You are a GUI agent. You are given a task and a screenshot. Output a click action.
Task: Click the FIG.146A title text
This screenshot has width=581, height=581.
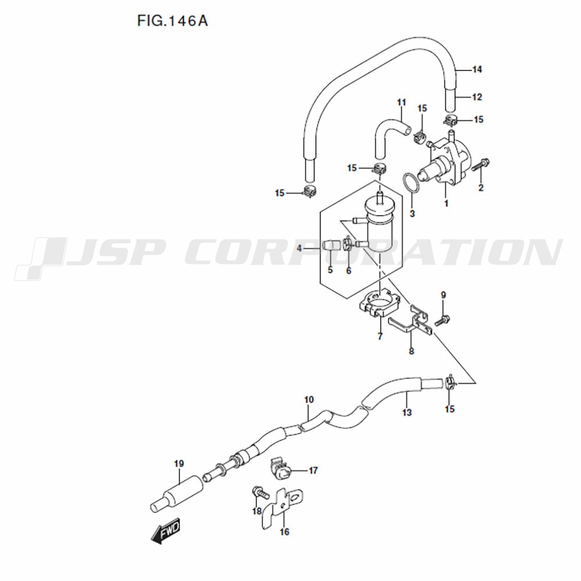[173, 21]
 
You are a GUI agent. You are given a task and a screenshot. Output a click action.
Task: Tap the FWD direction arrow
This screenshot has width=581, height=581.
[166, 530]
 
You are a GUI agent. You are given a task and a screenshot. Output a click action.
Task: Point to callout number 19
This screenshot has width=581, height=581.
[179, 464]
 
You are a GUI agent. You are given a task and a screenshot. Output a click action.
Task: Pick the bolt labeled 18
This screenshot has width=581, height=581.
[260, 493]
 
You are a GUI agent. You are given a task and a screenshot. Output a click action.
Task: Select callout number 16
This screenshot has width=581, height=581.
[284, 532]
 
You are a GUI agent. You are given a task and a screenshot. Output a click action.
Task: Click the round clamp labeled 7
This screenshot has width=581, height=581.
[380, 303]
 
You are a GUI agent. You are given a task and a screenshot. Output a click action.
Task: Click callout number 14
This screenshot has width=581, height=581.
[477, 69]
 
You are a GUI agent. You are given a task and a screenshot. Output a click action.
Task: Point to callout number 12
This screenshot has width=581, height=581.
[477, 97]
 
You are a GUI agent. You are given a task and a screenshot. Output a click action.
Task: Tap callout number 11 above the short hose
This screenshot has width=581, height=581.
[401, 102]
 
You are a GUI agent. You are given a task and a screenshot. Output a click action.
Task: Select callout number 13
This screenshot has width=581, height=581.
[407, 413]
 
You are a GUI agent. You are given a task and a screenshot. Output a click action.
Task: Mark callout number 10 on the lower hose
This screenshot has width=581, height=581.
[309, 400]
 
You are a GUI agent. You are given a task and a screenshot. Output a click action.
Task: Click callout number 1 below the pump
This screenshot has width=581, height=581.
[446, 203]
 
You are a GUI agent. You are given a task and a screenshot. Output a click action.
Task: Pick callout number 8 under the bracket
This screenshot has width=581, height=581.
[411, 351]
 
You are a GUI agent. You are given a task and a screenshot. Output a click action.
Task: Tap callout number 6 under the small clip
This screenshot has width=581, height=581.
[348, 271]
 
